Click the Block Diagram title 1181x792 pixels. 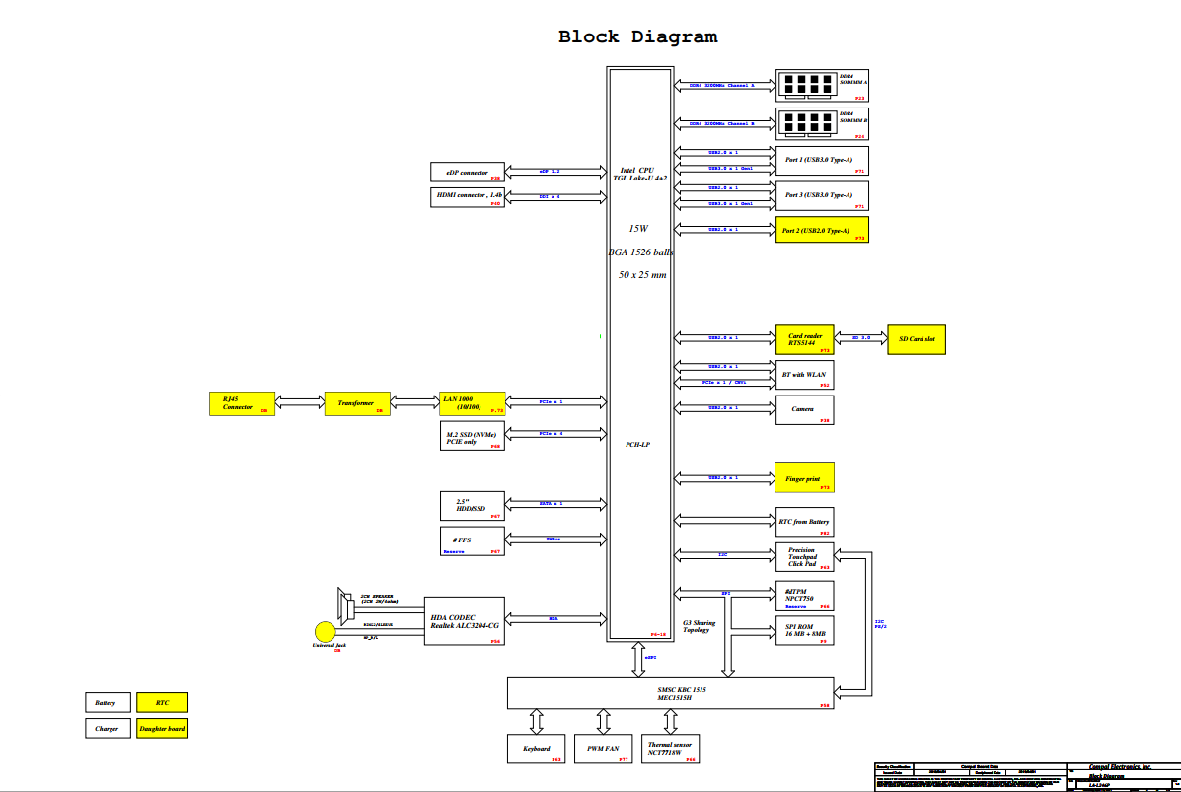tap(637, 37)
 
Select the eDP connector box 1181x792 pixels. tap(468, 172)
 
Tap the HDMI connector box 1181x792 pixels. tap(469, 196)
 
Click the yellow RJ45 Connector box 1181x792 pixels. tap(242, 403)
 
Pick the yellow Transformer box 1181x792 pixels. tap(357, 403)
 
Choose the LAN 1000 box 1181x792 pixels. tap(473, 402)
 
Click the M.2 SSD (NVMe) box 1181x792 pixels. tap(473, 436)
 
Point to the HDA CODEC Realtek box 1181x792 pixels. tap(465, 621)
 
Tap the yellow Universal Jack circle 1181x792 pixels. tap(326, 631)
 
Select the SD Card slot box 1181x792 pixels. tap(917, 340)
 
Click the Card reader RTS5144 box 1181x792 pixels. tap(805, 340)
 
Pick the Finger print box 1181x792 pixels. tap(805, 477)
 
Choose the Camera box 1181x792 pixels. tap(805, 410)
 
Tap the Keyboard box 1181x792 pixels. tap(537, 750)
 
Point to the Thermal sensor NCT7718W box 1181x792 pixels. tap(670, 750)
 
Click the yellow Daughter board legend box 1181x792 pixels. tap(162, 729)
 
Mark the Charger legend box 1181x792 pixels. tap(107, 729)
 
